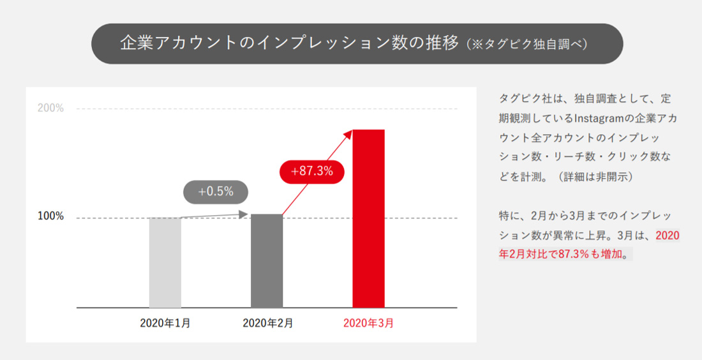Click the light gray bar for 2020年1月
pyautogui.click(x=165, y=262)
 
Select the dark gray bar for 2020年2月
pyautogui.click(x=267, y=260)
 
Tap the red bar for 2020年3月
pyautogui.click(x=368, y=218)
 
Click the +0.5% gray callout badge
pyautogui.click(x=216, y=191)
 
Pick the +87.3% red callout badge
pyautogui.click(x=312, y=171)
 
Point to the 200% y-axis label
pyautogui.click(x=50, y=108)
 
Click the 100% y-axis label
pyautogui.click(x=50, y=216)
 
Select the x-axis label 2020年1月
pyautogui.click(x=165, y=323)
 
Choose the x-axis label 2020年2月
pyautogui.click(x=267, y=323)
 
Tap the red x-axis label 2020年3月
pyautogui.click(x=368, y=323)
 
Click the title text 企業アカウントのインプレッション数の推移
pyautogui.click(x=289, y=43)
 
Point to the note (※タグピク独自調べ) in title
pyautogui.click(x=526, y=45)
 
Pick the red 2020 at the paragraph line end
pyautogui.click(x=667, y=236)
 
